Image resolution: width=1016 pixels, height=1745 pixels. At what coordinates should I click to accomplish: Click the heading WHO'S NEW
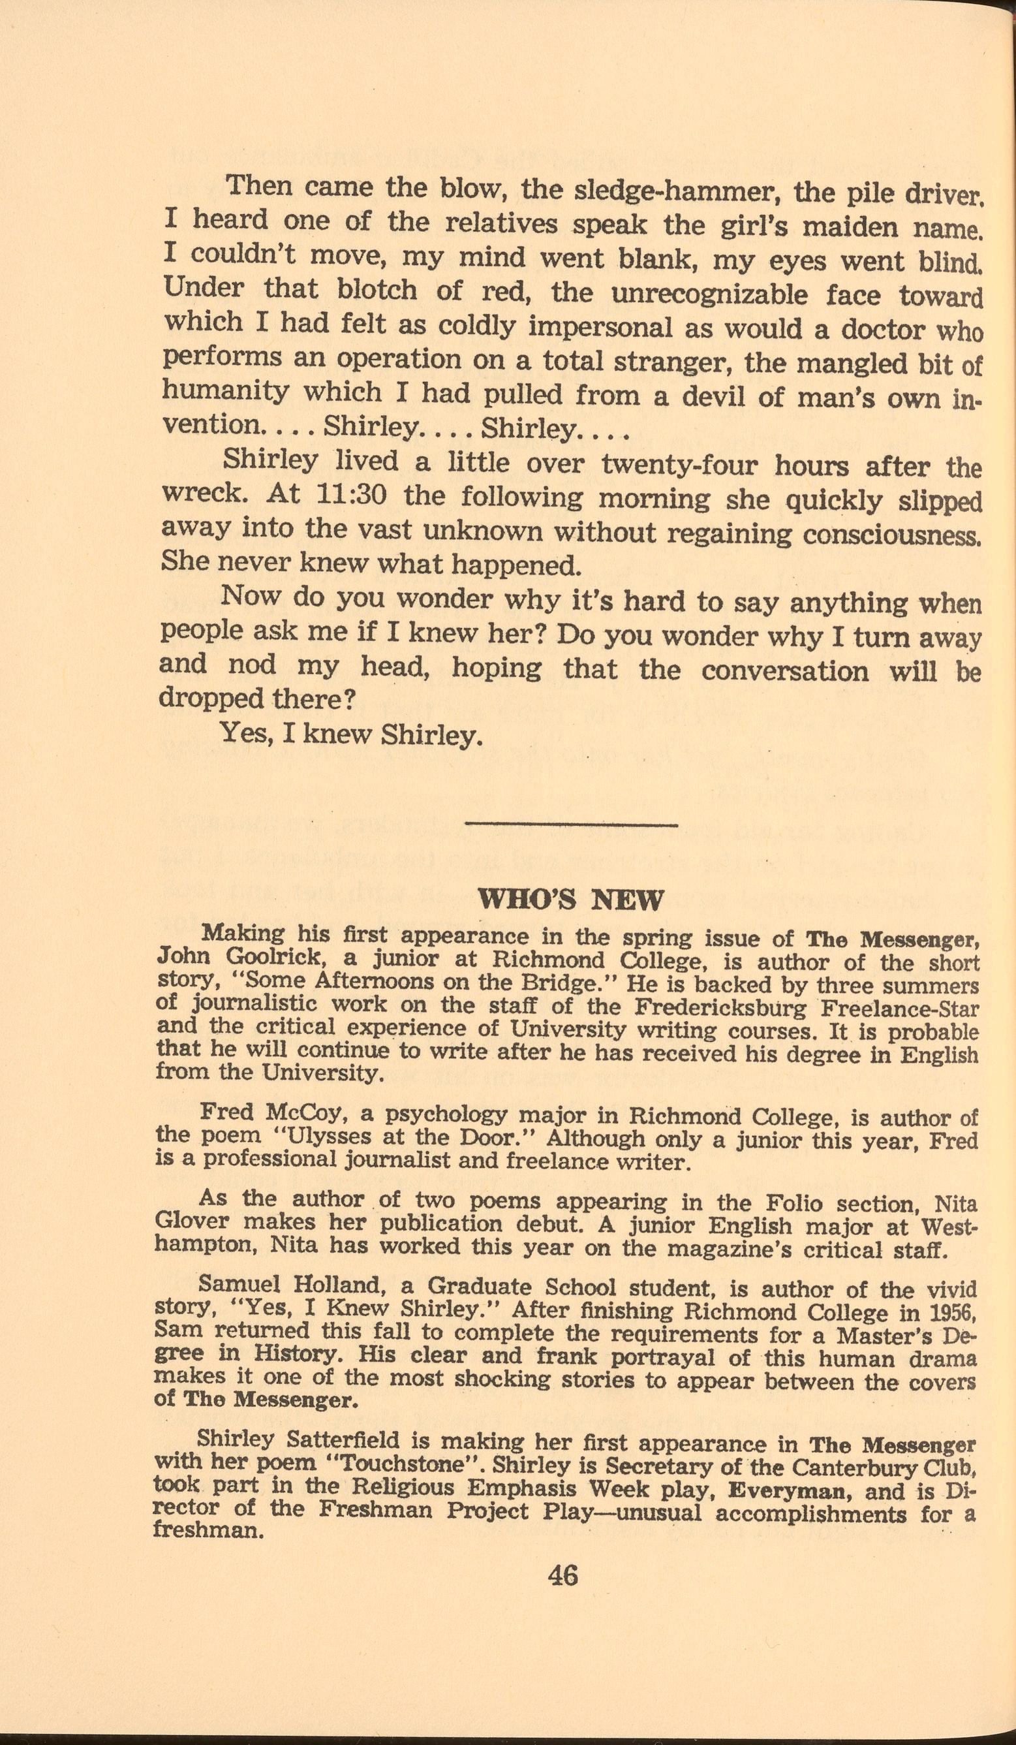[571, 901]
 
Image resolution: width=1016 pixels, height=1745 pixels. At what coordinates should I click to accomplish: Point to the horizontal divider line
[572, 824]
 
